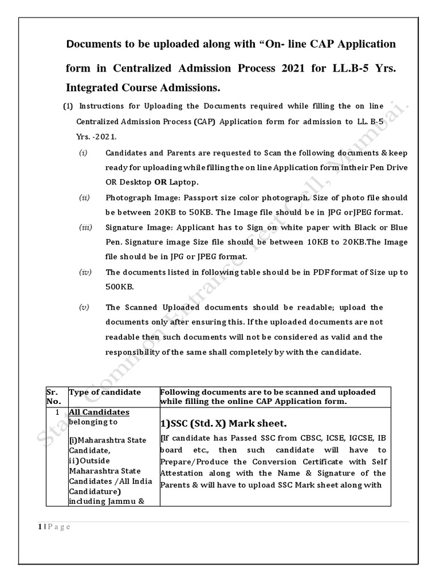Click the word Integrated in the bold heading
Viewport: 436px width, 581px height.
coord(95,89)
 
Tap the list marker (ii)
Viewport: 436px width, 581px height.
coord(84,197)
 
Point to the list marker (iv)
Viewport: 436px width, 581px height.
coord(85,272)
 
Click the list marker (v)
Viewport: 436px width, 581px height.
coord(84,308)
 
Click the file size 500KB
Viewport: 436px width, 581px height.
coord(118,287)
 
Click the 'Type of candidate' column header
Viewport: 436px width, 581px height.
coord(105,392)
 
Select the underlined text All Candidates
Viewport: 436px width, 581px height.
coord(99,412)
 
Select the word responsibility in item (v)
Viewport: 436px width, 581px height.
coord(135,352)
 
